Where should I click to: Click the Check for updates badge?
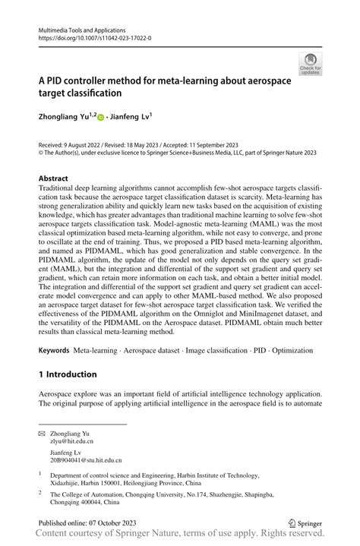point(311,65)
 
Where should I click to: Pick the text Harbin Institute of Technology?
point(238,472)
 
